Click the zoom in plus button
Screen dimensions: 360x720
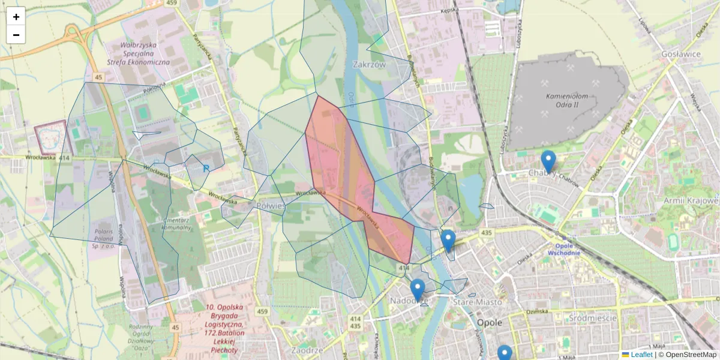[16, 17]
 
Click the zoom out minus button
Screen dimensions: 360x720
[16, 35]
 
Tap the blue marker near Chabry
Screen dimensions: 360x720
[548, 161]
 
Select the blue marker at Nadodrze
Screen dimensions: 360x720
[418, 289]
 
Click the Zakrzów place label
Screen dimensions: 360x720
[369, 64]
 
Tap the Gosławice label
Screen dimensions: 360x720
[679, 54]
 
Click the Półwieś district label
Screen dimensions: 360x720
[271, 206]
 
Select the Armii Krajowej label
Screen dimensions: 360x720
[691, 200]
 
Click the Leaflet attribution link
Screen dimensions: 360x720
[641, 355]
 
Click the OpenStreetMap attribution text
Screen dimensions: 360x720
[691, 355]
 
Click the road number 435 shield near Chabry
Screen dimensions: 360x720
[487, 232]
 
